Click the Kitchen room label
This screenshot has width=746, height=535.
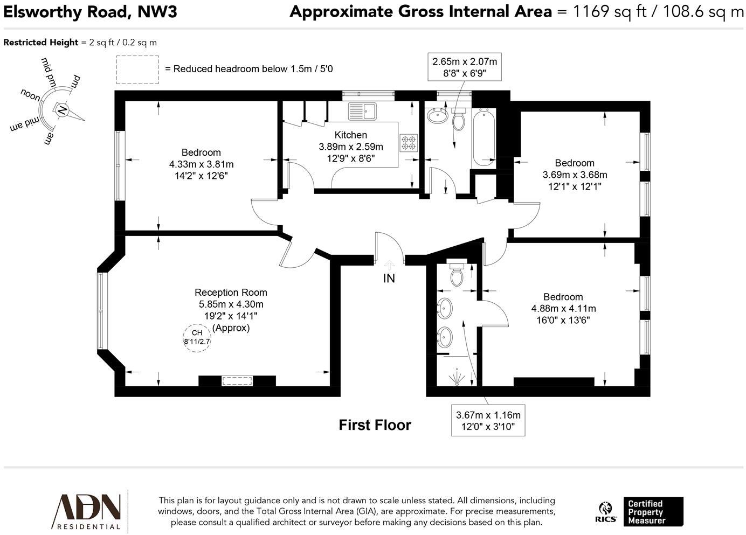click(x=350, y=135)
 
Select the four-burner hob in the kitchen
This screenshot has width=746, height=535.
click(x=409, y=142)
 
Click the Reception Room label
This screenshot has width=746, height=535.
click(x=231, y=293)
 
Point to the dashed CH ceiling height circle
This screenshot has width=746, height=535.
click(x=197, y=338)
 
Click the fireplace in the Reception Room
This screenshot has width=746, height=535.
click(x=237, y=381)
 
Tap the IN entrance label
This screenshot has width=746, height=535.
click(x=389, y=278)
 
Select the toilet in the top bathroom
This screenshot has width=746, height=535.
click(x=459, y=120)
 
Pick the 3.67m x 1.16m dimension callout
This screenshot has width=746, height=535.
click(x=488, y=421)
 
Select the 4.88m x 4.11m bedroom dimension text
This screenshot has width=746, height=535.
click(x=563, y=309)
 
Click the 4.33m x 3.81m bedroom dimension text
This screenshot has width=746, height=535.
click(x=201, y=164)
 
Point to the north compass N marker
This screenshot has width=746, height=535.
click(x=62, y=111)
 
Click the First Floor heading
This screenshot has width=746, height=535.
click(x=375, y=425)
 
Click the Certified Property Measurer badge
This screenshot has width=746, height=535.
click(x=653, y=512)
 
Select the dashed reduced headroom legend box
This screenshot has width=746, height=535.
click(x=137, y=70)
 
